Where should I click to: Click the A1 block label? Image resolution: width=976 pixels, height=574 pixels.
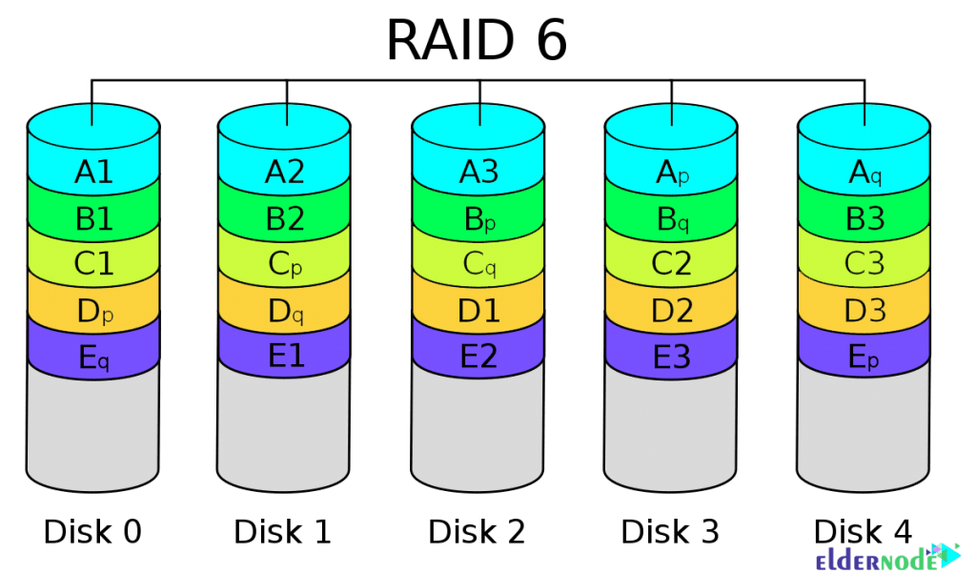click(93, 173)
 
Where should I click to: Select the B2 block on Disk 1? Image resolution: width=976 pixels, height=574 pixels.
click(285, 219)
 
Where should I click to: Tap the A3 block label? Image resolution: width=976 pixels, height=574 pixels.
click(479, 173)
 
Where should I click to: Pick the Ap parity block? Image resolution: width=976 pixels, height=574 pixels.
click(673, 173)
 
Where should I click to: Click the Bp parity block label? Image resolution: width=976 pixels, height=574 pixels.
click(479, 219)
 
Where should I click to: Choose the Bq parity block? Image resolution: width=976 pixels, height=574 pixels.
click(673, 219)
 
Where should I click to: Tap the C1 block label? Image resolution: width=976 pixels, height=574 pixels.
click(93, 263)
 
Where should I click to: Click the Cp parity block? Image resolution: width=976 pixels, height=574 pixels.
click(285, 263)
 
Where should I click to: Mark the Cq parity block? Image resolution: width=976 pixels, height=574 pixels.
click(479, 263)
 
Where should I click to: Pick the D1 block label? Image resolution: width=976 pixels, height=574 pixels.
click(479, 309)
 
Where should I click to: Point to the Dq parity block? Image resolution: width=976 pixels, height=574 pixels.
click(285, 309)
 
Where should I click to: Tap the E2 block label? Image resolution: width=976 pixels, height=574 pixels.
click(479, 356)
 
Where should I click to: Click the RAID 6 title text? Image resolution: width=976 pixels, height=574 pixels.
click(478, 40)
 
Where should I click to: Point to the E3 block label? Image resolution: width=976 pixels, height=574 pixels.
click(673, 356)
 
